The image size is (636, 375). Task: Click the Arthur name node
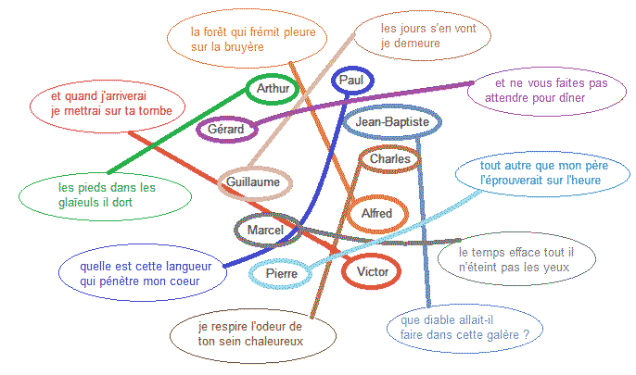pyautogui.click(x=273, y=89)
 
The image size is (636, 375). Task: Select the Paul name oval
pyautogui.click(x=351, y=81)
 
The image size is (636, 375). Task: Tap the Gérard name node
pyautogui.click(x=226, y=130)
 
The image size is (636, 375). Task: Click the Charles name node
pyautogui.click(x=389, y=159)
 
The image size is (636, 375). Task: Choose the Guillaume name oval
pyautogui.click(x=253, y=182)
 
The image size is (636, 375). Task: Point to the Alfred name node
pyautogui.click(x=377, y=214)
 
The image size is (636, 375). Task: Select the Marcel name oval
pyautogui.click(x=266, y=229)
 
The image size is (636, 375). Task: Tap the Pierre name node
pyautogui.click(x=282, y=273)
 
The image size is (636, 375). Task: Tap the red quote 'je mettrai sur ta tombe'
pyautogui.click(x=106, y=103)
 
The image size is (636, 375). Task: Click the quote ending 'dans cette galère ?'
pyautogui.click(x=464, y=326)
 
